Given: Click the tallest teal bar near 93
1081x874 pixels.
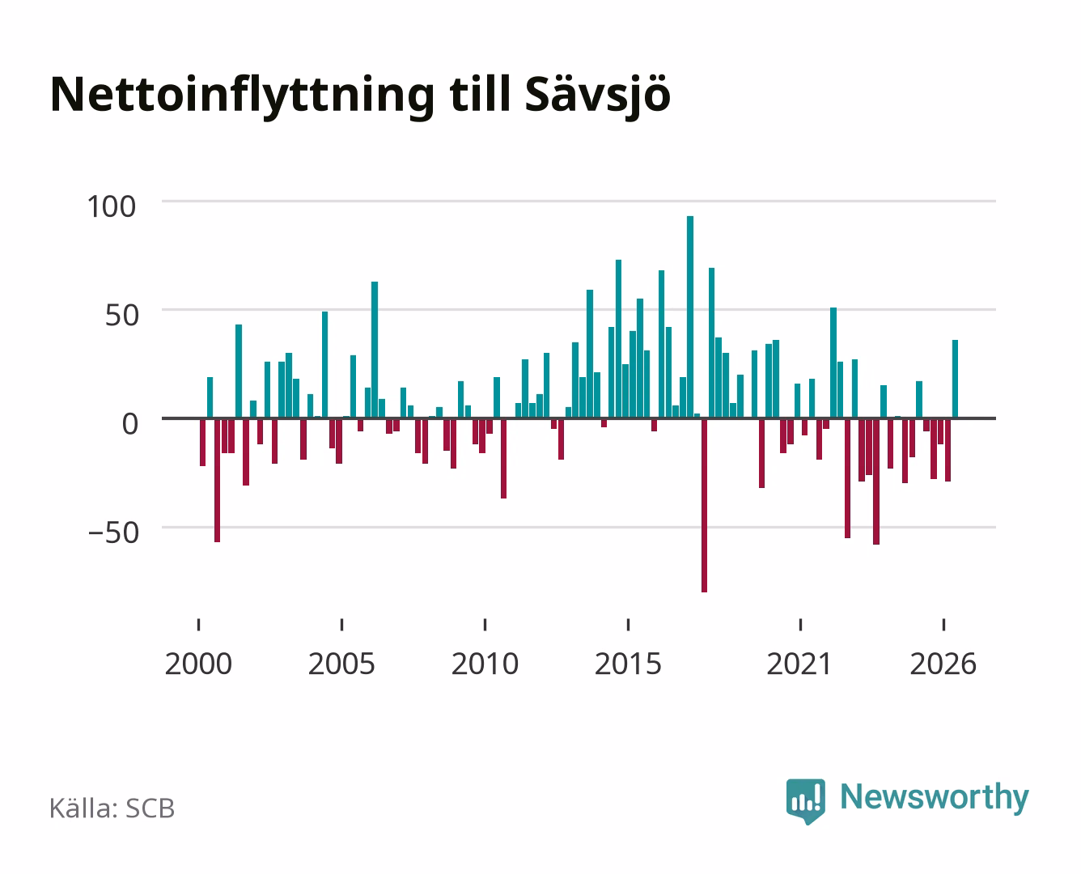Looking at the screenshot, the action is coord(690,317).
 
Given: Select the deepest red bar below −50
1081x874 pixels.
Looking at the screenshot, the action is coord(705,505).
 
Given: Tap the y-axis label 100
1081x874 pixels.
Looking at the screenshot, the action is coord(111,207).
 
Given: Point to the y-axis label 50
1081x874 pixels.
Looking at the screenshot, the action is coord(122,315).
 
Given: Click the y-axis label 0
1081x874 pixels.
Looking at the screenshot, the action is coord(130,424).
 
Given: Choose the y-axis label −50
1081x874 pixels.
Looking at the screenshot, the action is coord(113,533).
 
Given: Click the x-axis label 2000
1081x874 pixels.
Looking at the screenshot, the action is coord(198,664).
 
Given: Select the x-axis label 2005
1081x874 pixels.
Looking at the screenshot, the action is coord(341,664).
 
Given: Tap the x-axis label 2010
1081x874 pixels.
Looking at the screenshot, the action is coord(485,664).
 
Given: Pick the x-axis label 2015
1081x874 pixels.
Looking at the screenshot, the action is coord(629,664).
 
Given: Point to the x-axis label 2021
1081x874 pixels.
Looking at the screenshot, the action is coord(799,664).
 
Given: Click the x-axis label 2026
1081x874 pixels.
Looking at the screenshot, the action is coord(943,664).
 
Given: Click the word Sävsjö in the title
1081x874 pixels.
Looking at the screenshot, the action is coord(598,96).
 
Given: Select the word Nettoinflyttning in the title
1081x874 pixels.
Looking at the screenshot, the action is coord(242,96).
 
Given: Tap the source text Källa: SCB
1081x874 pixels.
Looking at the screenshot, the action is coord(112,808).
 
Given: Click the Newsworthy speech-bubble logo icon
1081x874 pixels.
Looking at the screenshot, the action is coord(805,801).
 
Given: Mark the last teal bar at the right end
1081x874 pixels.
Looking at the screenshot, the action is coord(955,380).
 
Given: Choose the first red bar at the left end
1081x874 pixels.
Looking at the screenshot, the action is coord(202,442).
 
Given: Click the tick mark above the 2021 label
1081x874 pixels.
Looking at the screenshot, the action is coord(800,625).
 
